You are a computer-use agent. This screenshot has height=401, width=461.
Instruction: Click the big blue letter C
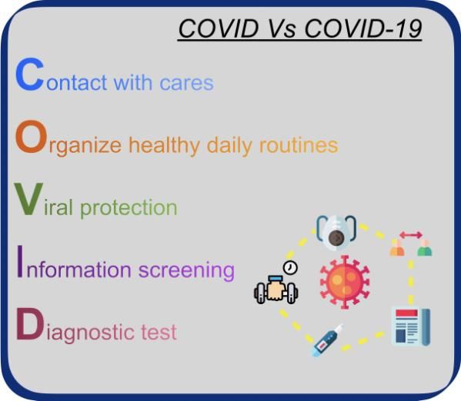(x=30, y=75)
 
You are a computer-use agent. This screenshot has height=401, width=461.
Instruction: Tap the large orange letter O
(x=31, y=137)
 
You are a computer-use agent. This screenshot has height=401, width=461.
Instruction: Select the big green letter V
(x=28, y=199)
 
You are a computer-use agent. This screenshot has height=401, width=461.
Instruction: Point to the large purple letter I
(x=20, y=261)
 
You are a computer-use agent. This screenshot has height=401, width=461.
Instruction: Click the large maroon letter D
(x=29, y=323)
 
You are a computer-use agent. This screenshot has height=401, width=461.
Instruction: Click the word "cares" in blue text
(x=187, y=83)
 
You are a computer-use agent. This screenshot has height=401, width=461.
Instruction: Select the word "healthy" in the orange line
(x=165, y=145)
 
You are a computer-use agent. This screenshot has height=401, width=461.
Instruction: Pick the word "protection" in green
(x=129, y=208)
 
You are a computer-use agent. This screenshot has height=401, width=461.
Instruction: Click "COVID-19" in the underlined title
(x=363, y=28)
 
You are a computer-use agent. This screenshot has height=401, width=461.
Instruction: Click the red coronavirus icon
(x=345, y=282)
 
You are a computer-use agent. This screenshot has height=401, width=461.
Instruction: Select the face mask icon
(x=336, y=233)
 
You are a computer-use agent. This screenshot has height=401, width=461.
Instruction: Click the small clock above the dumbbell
(x=290, y=267)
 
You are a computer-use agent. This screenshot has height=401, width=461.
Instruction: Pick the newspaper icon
(x=412, y=326)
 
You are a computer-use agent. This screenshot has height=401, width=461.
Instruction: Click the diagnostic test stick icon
(x=328, y=340)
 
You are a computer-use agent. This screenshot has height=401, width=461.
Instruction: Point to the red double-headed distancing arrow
(x=411, y=234)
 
